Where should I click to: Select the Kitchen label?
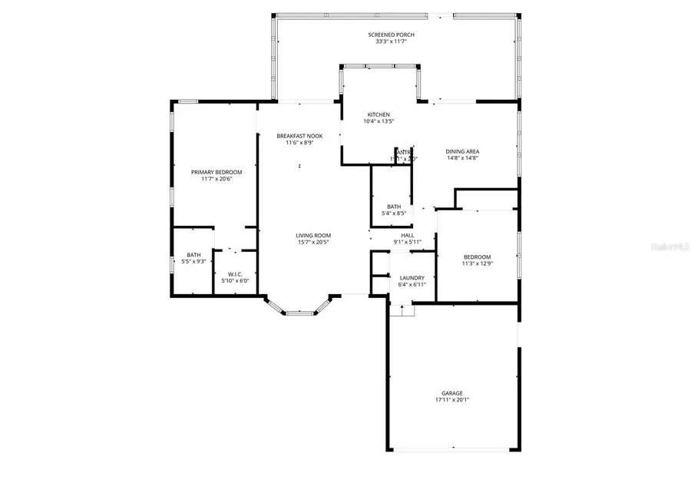tap(379, 114)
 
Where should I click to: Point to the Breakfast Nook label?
tap(299, 136)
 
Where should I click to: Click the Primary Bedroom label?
tap(217, 172)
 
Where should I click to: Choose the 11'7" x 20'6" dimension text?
tap(217, 179)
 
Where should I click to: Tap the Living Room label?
tap(313, 235)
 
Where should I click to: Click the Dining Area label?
tap(462, 151)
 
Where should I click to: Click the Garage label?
tap(451, 393)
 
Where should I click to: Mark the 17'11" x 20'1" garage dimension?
tap(451, 400)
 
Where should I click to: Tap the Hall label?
tap(407, 236)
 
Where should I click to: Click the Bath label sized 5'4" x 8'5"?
tap(394, 207)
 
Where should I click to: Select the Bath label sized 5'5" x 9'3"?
tap(193, 255)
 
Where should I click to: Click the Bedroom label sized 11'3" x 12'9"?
tap(476, 256)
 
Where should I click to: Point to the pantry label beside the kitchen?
tap(403, 152)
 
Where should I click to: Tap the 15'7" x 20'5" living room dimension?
tap(313, 242)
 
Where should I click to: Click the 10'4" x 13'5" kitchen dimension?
tap(379, 121)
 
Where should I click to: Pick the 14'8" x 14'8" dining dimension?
tap(462, 158)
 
